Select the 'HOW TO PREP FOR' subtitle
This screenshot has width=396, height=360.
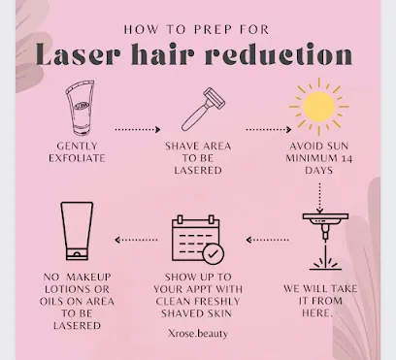196,30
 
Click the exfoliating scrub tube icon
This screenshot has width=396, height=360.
80,108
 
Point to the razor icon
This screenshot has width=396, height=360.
203,109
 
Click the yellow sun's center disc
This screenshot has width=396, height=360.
319,107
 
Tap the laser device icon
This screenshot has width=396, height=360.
325,242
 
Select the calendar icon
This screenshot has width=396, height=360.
198,240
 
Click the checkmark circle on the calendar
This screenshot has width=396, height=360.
214,254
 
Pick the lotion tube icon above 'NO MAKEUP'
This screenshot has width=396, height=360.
77,231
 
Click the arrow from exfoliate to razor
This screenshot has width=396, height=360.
138,129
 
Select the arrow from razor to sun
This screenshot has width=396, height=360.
269,129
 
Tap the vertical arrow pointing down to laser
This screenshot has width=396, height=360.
319,198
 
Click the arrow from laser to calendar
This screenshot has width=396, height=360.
267,240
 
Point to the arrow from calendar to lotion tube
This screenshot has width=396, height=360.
136,240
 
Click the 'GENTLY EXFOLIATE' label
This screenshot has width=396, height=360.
77,152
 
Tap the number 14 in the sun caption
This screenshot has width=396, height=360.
346,158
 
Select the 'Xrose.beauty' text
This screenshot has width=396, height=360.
198,333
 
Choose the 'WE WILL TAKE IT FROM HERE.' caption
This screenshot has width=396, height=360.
320,301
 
